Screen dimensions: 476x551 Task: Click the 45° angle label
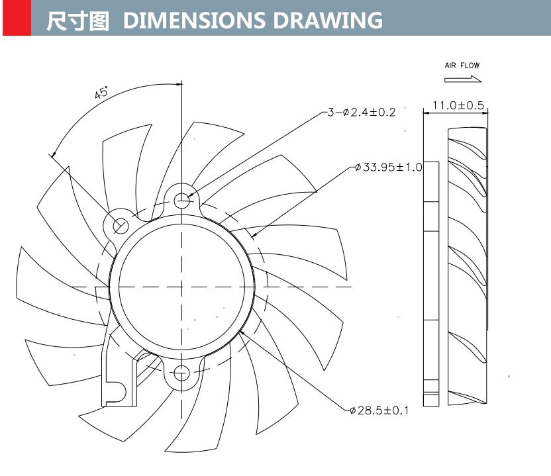click(101, 93)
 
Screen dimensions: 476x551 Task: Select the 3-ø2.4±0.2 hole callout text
click(361, 113)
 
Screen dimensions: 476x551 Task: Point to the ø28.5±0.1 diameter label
click(379, 410)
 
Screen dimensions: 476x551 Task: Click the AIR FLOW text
click(462, 66)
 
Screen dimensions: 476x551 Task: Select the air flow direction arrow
click(463, 79)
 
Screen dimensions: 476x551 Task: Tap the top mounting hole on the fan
click(181, 199)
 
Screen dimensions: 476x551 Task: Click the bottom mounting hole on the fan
click(181, 373)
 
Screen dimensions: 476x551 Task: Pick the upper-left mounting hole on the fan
click(120, 226)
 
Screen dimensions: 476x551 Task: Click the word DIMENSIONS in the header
click(195, 20)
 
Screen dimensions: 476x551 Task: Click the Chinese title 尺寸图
click(77, 20)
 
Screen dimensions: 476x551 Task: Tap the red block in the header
click(17, 18)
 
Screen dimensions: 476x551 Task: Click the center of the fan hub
click(181, 287)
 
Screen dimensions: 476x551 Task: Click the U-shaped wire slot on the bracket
click(115, 391)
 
